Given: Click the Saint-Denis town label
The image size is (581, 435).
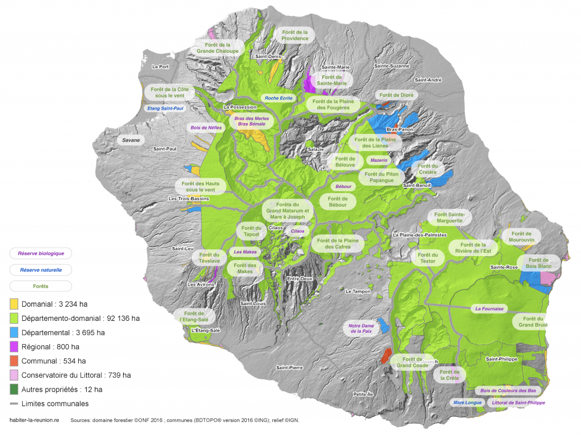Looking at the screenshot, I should pyautogui.click(x=268, y=57).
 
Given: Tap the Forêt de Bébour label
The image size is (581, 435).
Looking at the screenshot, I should pyautogui.click(x=338, y=202).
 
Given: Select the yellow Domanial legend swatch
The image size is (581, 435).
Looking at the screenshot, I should pyautogui.click(x=14, y=303).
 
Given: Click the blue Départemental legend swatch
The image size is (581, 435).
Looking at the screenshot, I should pyautogui.click(x=14, y=332).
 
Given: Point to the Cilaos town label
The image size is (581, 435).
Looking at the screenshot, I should pyautogui.click(x=276, y=228).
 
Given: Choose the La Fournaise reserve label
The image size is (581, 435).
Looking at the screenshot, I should pyautogui.click(x=489, y=309).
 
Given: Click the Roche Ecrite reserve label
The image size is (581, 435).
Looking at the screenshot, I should pyautogui.click(x=279, y=98).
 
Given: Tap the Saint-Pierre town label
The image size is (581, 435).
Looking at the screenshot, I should pyautogui.click(x=289, y=367).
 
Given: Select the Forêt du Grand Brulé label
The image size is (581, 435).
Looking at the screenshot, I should pyautogui.click(x=533, y=322).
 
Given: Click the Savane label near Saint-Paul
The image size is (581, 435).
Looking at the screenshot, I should pyautogui.click(x=130, y=140).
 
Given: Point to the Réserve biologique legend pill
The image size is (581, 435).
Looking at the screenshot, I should pyautogui.click(x=41, y=253).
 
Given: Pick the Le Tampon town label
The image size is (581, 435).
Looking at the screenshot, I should pyautogui.click(x=357, y=291).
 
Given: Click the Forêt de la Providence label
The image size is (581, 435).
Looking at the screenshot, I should pyautogui.click(x=294, y=35).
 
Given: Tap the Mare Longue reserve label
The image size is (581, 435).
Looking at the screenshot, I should pyautogui.click(x=468, y=403).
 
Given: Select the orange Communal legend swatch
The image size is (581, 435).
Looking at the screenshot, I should pyautogui.click(x=14, y=361).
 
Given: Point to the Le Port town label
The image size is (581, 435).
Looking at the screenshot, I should pyautogui.click(x=161, y=66).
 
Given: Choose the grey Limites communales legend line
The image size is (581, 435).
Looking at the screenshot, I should pyautogui.click(x=14, y=404).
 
